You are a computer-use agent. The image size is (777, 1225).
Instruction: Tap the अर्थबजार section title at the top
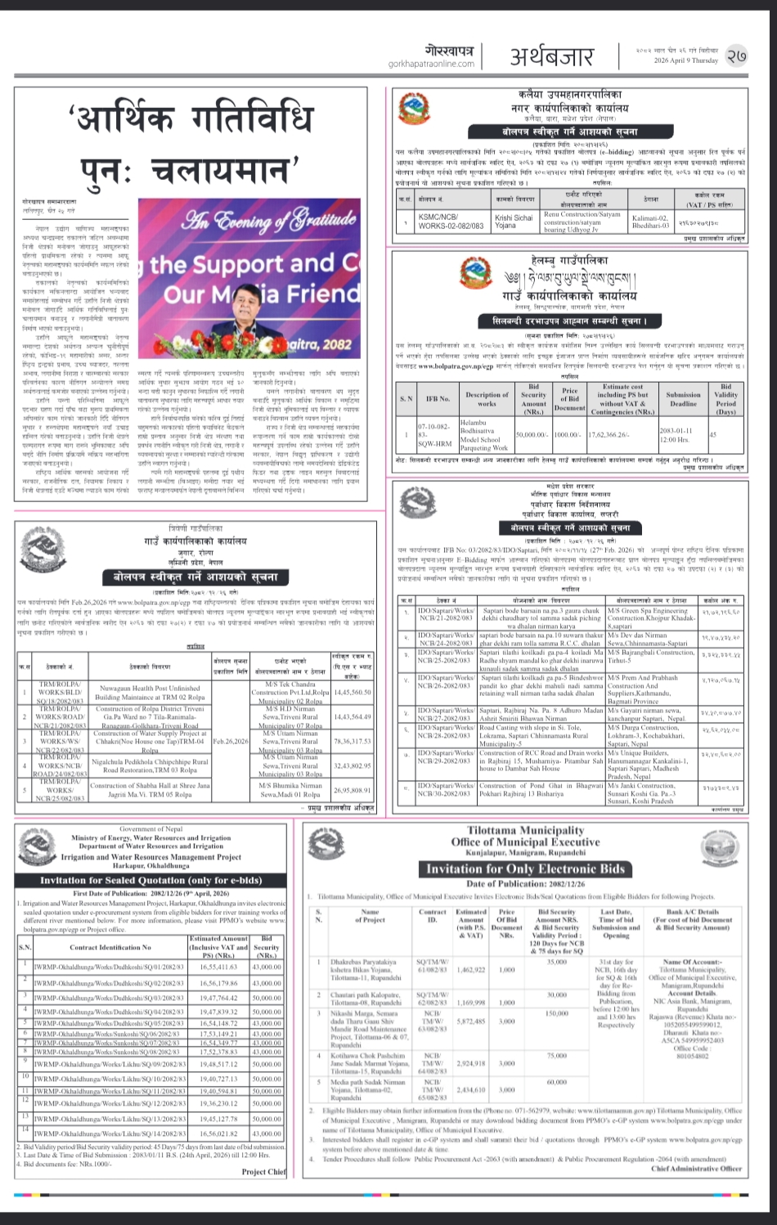(552, 56)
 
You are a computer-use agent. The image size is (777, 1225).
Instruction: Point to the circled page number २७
(736, 55)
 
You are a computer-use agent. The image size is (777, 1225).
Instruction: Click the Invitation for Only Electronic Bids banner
(526, 868)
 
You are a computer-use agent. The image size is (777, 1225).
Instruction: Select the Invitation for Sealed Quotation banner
(151, 880)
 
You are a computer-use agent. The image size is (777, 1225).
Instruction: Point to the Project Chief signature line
(263, 1172)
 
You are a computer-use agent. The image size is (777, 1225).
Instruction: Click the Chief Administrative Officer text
(696, 1169)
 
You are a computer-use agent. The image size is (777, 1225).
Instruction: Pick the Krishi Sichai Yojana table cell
(514, 222)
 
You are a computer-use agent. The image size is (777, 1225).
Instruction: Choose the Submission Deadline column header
(682, 398)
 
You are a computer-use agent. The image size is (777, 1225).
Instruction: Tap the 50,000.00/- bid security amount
(532, 436)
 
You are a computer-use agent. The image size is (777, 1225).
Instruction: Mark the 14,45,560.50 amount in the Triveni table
(353, 692)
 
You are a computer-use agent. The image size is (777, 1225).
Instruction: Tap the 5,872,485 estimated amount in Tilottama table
(471, 1021)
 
